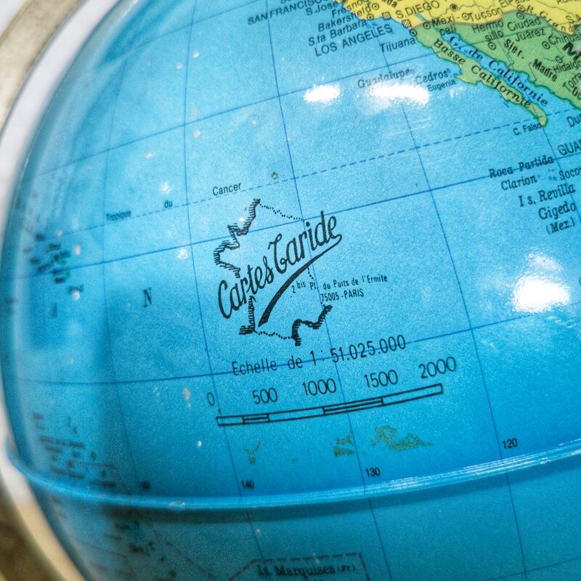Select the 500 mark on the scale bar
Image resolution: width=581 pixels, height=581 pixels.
point(265,395)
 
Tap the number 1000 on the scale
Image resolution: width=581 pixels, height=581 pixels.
point(319,387)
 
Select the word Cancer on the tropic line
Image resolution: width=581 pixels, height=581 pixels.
point(227,190)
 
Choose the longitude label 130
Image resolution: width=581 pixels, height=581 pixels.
point(372,472)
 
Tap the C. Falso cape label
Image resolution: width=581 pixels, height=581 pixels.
point(525,131)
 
